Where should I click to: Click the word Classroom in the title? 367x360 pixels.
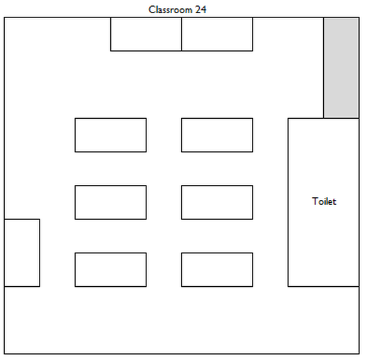pyautogui.click(x=170, y=10)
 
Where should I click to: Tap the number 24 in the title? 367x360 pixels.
pyautogui.click(x=200, y=10)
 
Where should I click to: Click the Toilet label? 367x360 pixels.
pyautogui.click(x=324, y=202)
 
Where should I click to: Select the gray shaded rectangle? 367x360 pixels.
pyautogui.click(x=341, y=68)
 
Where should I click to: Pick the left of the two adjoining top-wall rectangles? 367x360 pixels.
pyautogui.click(x=146, y=34)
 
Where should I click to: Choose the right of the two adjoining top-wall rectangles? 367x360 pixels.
pyautogui.click(x=217, y=34)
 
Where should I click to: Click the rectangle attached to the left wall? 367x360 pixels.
pyautogui.click(x=22, y=253)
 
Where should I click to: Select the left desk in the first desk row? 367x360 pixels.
pyautogui.click(x=111, y=135)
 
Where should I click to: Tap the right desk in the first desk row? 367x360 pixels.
pyautogui.click(x=217, y=135)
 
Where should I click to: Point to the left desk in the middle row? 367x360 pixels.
pyautogui.click(x=111, y=202)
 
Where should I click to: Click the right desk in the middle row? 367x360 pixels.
pyautogui.click(x=217, y=202)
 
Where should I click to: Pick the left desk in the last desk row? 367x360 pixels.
pyautogui.click(x=111, y=269)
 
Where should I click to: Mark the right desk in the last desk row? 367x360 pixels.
pyautogui.click(x=217, y=269)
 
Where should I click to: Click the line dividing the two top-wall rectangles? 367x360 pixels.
pyautogui.click(x=182, y=34)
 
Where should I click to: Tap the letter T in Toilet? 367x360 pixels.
pyautogui.click(x=315, y=201)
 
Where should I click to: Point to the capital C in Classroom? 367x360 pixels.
pyautogui.click(x=152, y=10)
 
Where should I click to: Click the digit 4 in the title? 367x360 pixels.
pyautogui.click(x=204, y=10)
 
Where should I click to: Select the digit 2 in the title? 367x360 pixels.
pyautogui.click(x=198, y=10)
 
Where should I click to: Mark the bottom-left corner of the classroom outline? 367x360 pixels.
pyautogui.click(x=4, y=353)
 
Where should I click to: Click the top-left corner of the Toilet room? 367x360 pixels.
pyautogui.click(x=288, y=118)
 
